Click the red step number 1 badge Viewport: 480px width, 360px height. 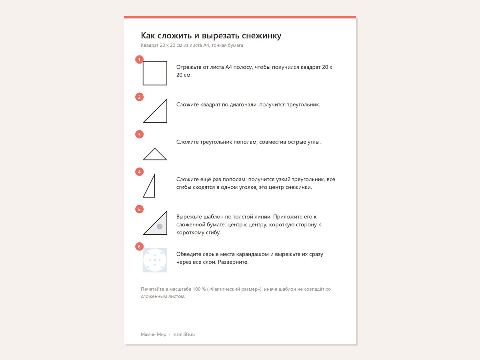(x=139, y=60)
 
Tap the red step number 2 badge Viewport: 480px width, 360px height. (x=139, y=97)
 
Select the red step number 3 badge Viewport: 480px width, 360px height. (x=139, y=134)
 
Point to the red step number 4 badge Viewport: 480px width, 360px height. (x=139, y=172)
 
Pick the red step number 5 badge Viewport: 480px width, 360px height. (x=139, y=209)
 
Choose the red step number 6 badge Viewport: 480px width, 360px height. (x=139, y=247)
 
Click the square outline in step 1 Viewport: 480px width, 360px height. (x=143, y=73)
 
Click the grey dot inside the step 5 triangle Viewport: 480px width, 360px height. (x=160, y=226)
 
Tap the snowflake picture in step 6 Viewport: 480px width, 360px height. (x=155, y=260)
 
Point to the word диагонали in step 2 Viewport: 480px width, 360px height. (x=244, y=105)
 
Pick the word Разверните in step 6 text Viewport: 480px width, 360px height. (x=233, y=262)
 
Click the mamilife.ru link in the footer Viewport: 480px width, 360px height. (x=184, y=334)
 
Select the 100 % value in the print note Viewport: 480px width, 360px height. (x=199, y=289)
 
